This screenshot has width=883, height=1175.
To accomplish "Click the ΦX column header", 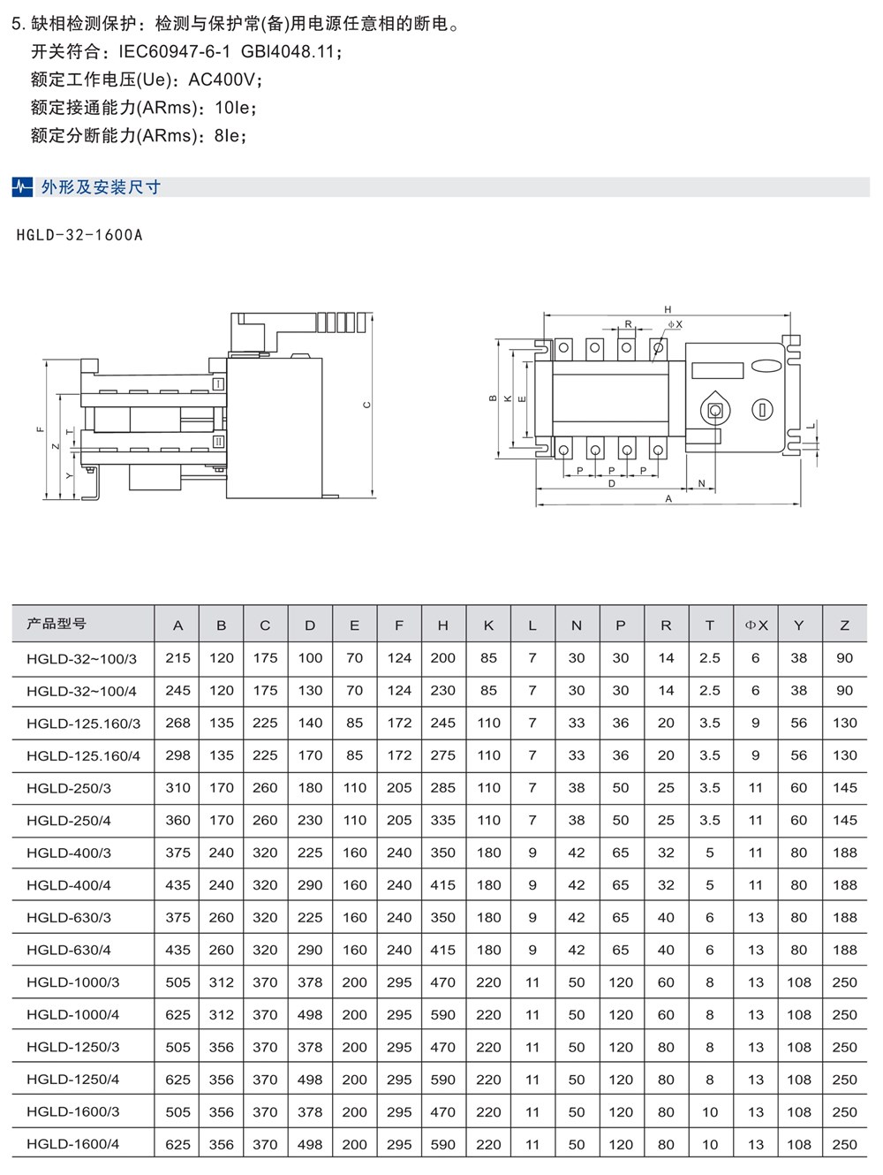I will (x=756, y=625).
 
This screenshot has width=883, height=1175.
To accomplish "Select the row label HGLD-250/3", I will (x=69, y=788).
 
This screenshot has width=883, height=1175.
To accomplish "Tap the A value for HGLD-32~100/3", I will (x=177, y=658).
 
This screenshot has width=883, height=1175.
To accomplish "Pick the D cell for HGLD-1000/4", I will (x=310, y=1015).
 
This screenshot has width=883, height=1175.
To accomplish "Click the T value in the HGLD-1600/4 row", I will (x=710, y=1144).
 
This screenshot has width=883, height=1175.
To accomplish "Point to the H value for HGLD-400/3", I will (x=443, y=853).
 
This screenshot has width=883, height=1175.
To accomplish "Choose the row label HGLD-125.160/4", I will (x=83, y=755).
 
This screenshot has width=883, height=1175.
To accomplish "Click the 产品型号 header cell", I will (x=57, y=624).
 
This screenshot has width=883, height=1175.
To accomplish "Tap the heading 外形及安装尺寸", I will (x=101, y=187).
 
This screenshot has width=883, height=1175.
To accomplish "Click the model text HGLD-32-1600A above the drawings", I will (x=79, y=236).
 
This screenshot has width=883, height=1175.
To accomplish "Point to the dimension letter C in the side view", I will (x=367, y=405).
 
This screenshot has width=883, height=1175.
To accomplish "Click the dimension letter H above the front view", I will (x=668, y=309).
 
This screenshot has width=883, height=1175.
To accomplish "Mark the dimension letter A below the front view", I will (x=668, y=499).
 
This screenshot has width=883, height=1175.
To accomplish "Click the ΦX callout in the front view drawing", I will (x=675, y=325).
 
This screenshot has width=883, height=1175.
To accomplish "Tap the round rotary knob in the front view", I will (x=714, y=409).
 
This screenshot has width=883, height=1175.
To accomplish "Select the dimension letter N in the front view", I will (x=701, y=483).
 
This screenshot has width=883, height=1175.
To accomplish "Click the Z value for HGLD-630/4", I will (x=844, y=950).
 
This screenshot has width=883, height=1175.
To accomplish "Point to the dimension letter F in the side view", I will (x=40, y=429).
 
